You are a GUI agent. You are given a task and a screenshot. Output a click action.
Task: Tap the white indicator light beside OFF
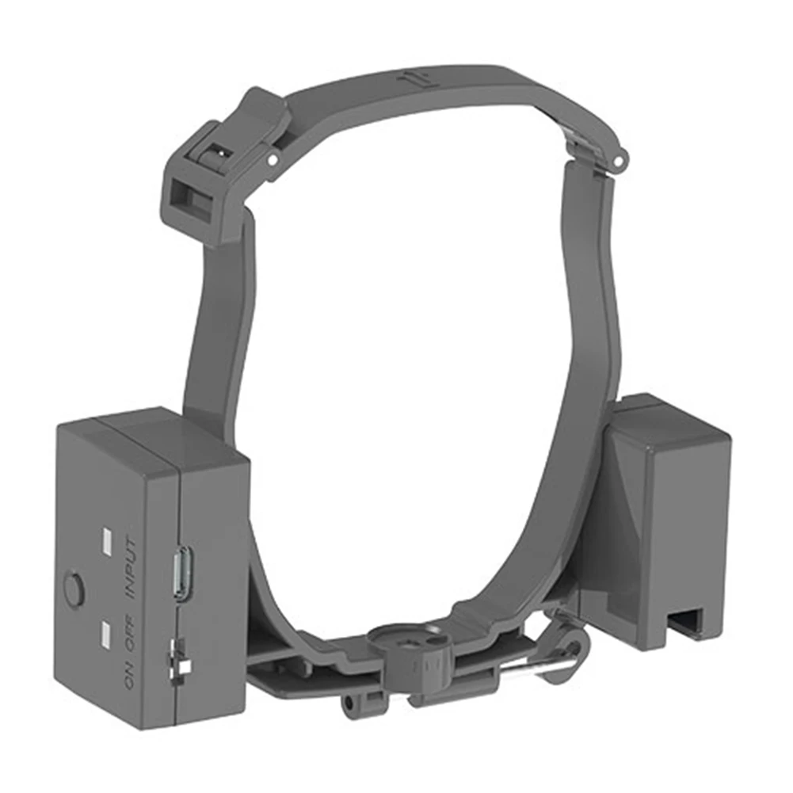pyautogui.click(x=105, y=631)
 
